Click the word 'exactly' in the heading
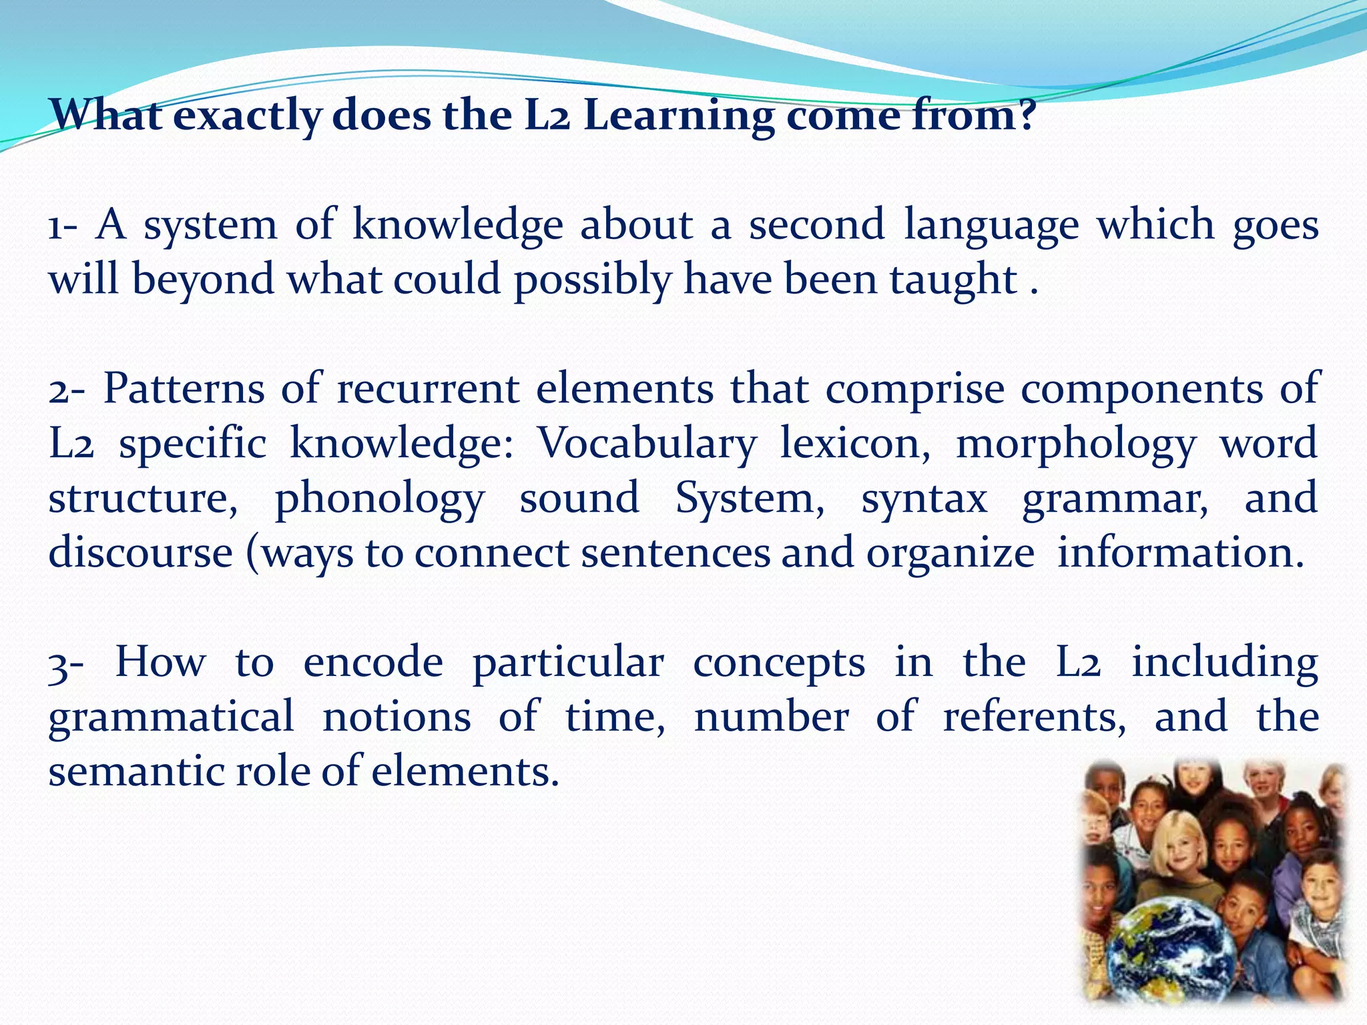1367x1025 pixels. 246,117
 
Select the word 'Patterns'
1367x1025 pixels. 184,388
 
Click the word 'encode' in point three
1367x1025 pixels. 373,663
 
